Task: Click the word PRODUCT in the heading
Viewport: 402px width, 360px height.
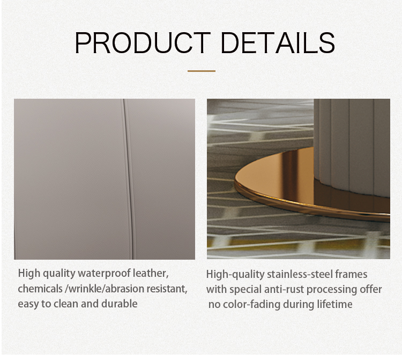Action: pyautogui.click(x=143, y=43)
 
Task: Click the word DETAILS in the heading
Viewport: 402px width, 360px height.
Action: pyautogui.click(x=278, y=43)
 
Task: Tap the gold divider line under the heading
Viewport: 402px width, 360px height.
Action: pyautogui.click(x=202, y=71)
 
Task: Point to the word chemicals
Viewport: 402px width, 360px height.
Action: pyautogui.click(x=40, y=289)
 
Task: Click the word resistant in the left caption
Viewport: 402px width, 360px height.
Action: pyautogui.click(x=167, y=289)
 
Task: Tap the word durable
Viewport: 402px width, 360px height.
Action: pyautogui.click(x=120, y=304)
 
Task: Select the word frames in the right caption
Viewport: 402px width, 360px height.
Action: pyautogui.click(x=351, y=274)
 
